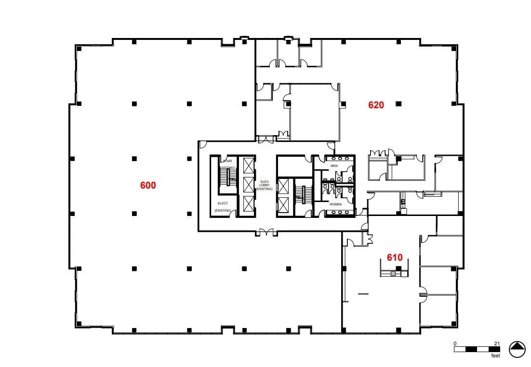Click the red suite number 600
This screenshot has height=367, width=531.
pyautogui.click(x=148, y=185)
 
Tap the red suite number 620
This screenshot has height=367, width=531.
pyautogui.click(x=376, y=105)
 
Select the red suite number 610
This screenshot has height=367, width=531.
pyautogui.click(x=395, y=257)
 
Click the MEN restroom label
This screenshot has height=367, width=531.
pyautogui.click(x=334, y=166)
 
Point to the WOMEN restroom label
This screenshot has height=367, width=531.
pyautogui.click(x=335, y=204)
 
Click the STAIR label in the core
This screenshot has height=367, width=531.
pyautogui.click(x=227, y=161)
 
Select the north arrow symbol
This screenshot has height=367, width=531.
pyautogui.click(x=517, y=349)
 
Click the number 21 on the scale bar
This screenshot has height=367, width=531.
pyautogui.click(x=497, y=343)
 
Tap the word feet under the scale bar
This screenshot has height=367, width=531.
pyautogui.click(x=495, y=356)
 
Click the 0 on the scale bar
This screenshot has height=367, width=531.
pyautogui.click(x=455, y=343)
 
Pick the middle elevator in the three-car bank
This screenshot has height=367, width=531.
pyautogui.click(x=248, y=185)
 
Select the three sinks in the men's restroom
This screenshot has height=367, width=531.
pyautogui.click(x=340, y=158)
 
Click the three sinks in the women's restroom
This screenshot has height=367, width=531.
pyautogui.click(x=340, y=214)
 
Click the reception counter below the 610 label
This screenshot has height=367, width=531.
pyautogui.click(x=394, y=273)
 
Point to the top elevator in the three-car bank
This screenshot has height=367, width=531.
pyautogui.click(x=248, y=166)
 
